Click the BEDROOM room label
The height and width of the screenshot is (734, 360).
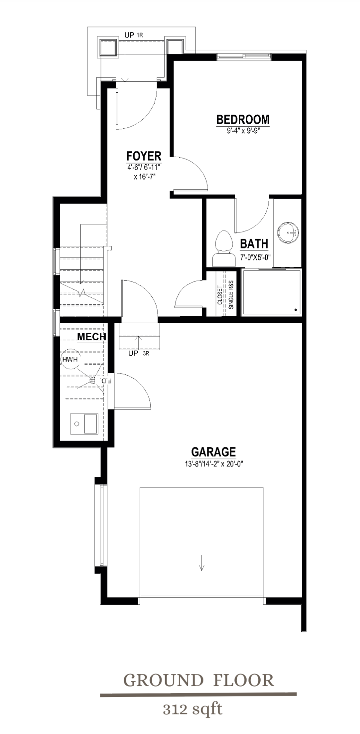pyautogui.click(x=243, y=119)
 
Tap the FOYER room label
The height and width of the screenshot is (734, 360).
pyautogui.click(x=144, y=156)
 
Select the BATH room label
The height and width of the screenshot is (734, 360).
pyautogui.click(x=254, y=244)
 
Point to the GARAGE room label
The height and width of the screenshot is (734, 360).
pyautogui.click(x=213, y=452)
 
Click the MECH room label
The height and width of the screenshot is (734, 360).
pyautogui.click(x=91, y=337)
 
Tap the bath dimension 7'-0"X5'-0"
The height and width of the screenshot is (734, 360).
pyautogui.click(x=255, y=257)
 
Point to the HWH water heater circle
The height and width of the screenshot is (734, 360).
pyautogui.click(x=70, y=359)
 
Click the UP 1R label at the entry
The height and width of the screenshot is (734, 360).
pyautogui.click(x=133, y=35)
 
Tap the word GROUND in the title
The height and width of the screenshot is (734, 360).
pyautogui.click(x=163, y=680)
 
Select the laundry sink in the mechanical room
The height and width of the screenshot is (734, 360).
pyautogui.click(x=84, y=424)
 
